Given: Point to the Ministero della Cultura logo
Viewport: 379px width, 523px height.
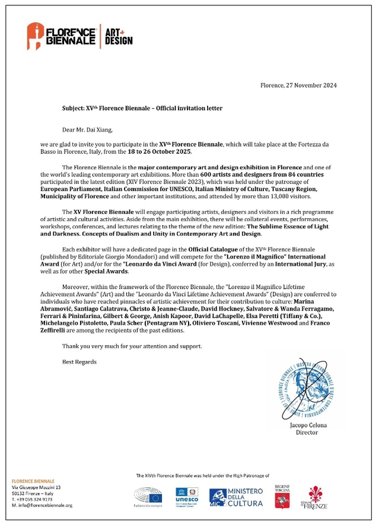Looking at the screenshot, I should pyautogui.click(x=235, y=497).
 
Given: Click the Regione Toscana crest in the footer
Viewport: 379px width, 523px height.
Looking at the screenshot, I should pyautogui.click(x=281, y=496).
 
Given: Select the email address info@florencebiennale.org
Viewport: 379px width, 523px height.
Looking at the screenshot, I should pyautogui.click(x=42, y=505).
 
